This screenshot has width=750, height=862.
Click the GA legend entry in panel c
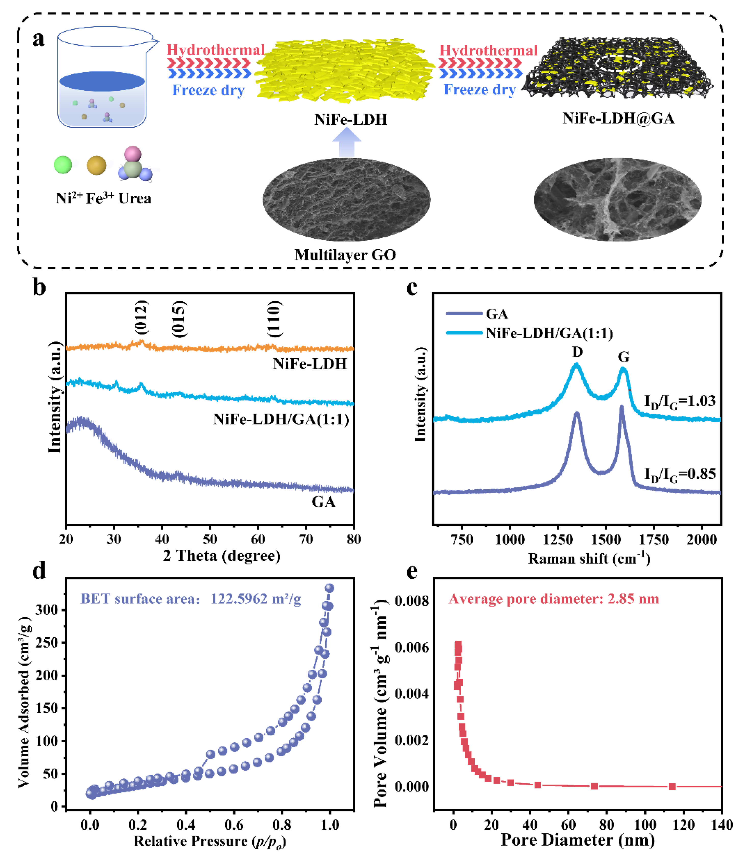(x=496, y=314)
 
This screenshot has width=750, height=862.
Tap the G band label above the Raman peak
(x=624, y=357)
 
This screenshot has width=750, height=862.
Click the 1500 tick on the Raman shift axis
(x=606, y=540)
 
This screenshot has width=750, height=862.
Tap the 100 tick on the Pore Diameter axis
(x=645, y=825)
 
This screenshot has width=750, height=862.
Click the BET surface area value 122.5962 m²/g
(x=256, y=599)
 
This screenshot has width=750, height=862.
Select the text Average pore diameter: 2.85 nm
(x=554, y=599)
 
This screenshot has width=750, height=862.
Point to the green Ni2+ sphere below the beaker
(x=63, y=165)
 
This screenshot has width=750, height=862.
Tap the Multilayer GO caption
(x=345, y=255)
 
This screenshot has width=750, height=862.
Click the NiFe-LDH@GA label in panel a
(x=618, y=118)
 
